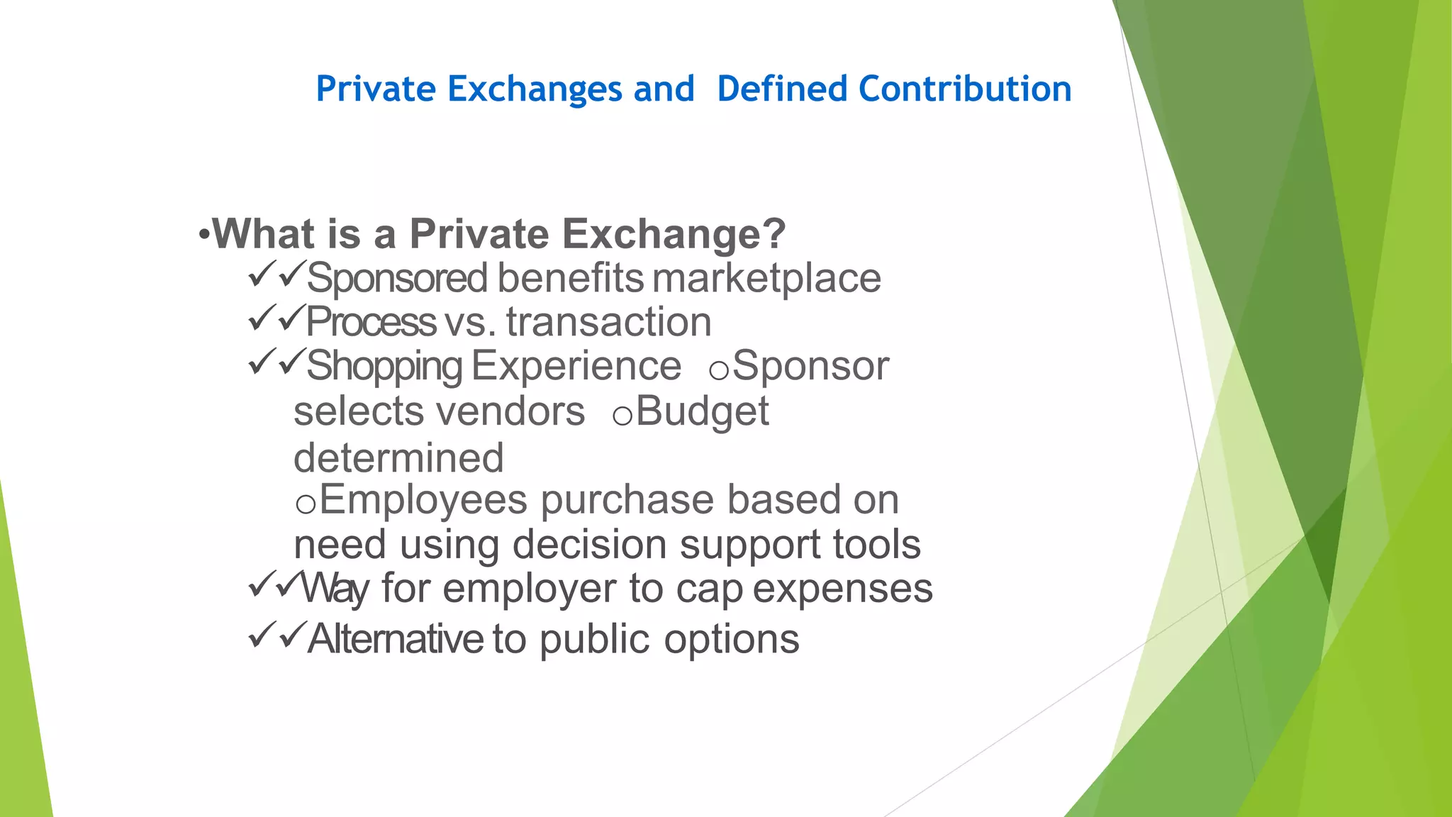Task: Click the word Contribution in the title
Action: point(965,89)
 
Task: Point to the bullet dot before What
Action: point(203,235)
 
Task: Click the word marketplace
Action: point(766,278)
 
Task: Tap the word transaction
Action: point(608,322)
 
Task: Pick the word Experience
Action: point(576,366)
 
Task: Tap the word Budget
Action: point(702,411)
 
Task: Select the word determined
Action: point(398,457)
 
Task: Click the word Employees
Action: point(423,501)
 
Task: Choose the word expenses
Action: point(842,589)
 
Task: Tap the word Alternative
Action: point(396,638)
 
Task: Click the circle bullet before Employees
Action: point(306,504)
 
